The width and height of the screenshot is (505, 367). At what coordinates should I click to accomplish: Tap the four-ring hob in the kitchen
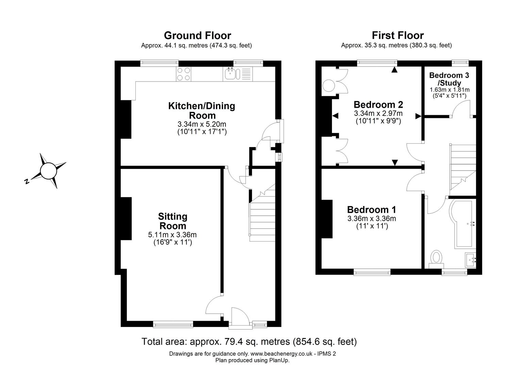pos(184,74)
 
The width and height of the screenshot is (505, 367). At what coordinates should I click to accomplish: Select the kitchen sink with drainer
pos(238,74)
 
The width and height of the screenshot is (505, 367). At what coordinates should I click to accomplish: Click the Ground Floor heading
pos(198,36)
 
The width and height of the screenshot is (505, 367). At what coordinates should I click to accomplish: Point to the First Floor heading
pos(398,35)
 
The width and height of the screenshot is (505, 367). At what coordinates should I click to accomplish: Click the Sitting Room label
pos(173,221)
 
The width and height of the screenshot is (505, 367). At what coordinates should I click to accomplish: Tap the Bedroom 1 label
pos(372,210)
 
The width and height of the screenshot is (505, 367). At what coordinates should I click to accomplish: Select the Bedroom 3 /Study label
pos(449,79)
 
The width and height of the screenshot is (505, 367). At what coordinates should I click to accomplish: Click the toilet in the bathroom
pos(436,259)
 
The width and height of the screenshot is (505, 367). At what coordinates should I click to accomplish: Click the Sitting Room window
pos(173,324)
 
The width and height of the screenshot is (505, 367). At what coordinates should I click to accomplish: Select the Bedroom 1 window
pos(372,272)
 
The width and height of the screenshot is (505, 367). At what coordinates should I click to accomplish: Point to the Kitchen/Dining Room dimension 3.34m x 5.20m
pos(202,124)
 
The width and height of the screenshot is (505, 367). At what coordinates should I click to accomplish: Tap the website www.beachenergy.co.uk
pos(281,354)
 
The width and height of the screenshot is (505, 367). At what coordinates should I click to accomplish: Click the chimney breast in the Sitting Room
pos(126,218)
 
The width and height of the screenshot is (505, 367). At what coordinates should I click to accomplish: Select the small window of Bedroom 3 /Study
pos(460,63)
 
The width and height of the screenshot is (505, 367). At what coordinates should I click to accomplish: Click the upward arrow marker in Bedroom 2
pos(394,70)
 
